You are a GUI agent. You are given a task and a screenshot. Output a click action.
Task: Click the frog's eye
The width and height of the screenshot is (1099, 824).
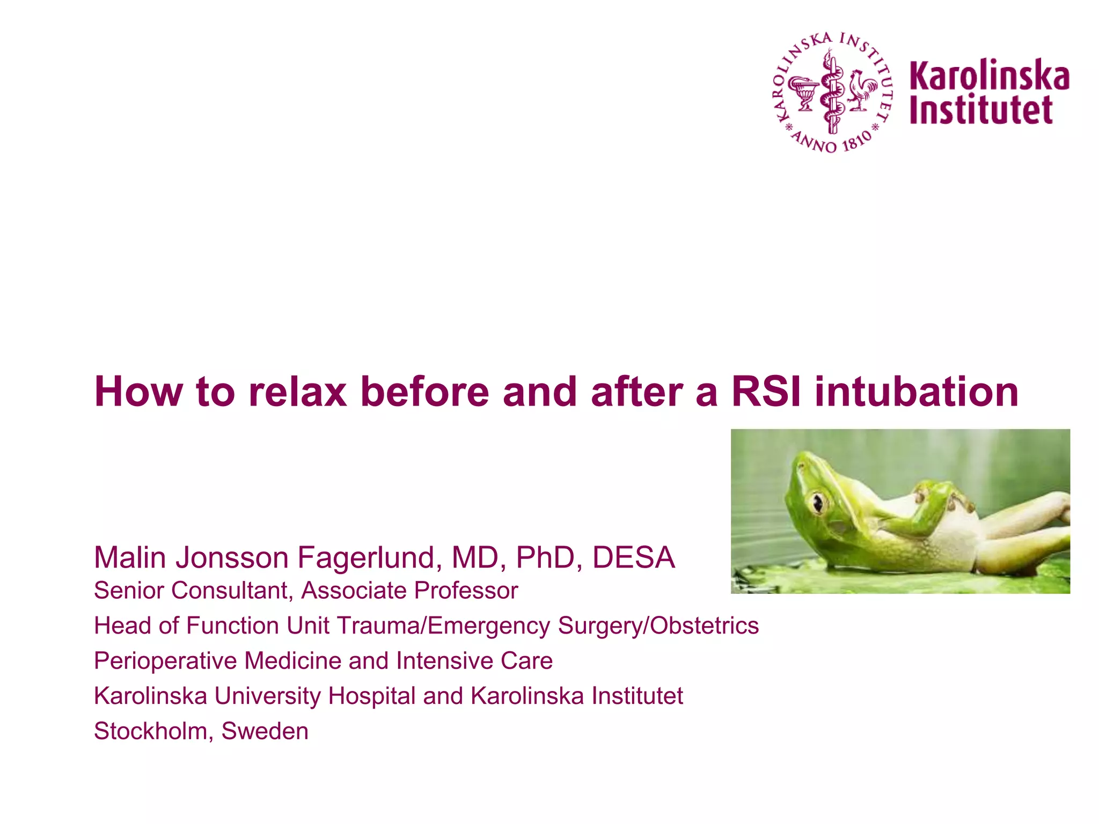[818, 503]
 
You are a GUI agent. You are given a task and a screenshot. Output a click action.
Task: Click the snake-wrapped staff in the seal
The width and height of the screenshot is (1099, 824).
[832, 91]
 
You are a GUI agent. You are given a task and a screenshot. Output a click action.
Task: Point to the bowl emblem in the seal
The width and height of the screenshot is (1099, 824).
[803, 92]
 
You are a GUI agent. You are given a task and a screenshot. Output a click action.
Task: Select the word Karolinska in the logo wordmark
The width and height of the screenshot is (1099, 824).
[989, 76]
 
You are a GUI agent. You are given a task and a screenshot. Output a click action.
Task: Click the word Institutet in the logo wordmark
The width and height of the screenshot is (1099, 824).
[981, 110]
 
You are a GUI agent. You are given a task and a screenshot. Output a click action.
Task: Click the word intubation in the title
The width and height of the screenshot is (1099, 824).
[917, 392]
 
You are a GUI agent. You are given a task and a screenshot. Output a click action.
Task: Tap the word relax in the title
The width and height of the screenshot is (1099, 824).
[297, 392]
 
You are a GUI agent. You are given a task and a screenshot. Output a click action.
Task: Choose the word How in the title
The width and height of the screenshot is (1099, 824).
[138, 392]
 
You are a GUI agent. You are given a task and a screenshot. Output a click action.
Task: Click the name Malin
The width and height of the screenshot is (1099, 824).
[130, 557]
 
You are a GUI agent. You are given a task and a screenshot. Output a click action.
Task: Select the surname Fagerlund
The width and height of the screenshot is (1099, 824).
[369, 557]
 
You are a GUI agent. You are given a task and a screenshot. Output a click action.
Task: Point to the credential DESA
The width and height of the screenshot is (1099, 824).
[633, 557]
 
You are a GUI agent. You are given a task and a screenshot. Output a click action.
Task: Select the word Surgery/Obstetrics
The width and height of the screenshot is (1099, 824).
[658, 626]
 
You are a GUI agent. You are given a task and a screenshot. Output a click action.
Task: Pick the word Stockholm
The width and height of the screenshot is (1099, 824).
[153, 731]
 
